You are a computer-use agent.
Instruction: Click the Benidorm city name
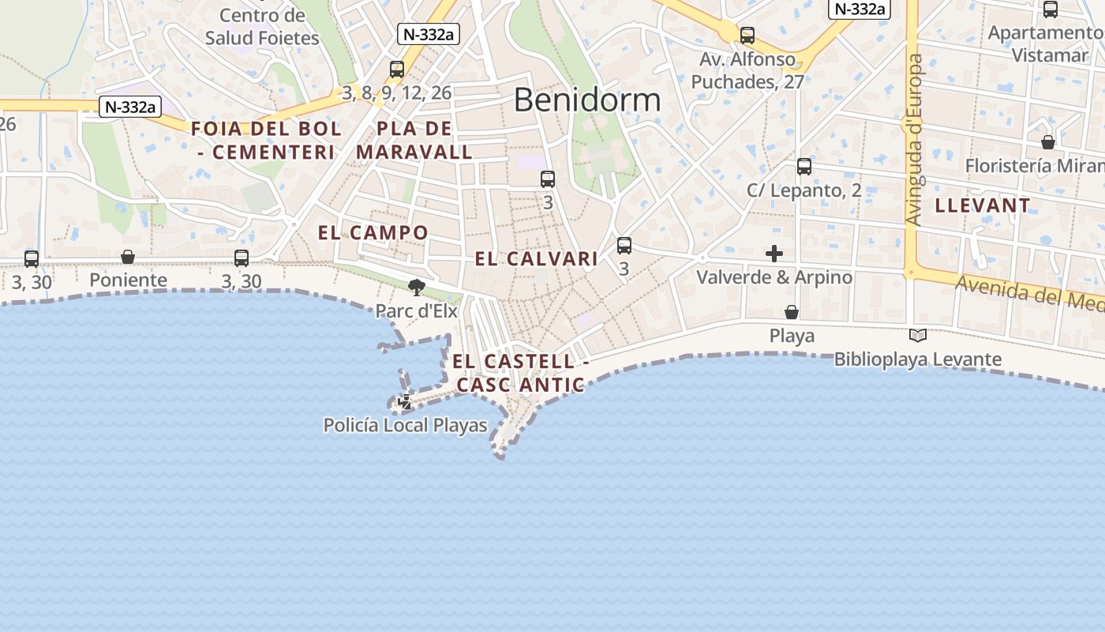pos(587,100)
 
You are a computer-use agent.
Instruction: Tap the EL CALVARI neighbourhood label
pos(536,258)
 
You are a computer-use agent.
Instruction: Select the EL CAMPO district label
pos(373,232)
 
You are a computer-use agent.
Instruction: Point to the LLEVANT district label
pos(983,205)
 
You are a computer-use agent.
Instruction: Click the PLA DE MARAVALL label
pos(414,140)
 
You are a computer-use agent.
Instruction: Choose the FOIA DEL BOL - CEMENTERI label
pos(266,140)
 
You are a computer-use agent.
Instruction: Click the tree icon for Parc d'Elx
pos(416,287)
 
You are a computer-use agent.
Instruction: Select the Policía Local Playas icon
pos(405,402)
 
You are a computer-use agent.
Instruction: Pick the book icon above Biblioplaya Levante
pos(917,336)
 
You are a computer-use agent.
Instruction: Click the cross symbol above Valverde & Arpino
pos(774,254)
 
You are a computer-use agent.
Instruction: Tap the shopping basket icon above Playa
pos(792,313)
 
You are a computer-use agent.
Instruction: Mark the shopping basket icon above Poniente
pos(128,258)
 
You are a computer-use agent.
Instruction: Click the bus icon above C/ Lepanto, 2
pos(804,167)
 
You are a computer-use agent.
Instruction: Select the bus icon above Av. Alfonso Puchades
pos(747,36)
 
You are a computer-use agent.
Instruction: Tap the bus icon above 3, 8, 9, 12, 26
pos(397,70)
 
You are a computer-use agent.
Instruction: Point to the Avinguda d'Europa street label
pos(916,140)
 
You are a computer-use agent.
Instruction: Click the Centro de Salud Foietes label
pos(262,26)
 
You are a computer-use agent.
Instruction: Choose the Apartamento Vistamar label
pos(1044,43)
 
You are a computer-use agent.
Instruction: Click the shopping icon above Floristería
pos(1048,142)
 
